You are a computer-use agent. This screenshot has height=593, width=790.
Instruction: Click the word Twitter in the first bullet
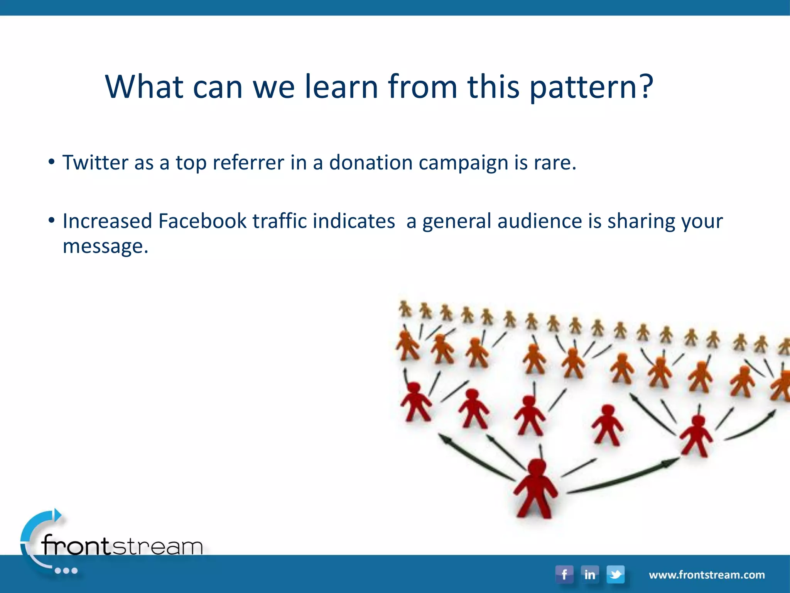pos(95,162)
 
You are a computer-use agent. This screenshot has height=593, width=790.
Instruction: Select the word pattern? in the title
pos(591,87)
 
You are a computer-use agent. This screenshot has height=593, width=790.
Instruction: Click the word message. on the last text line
pos(105,246)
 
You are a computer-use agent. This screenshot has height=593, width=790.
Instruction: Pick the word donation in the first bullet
pos(371,163)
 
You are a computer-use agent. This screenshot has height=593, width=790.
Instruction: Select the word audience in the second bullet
pos(540,221)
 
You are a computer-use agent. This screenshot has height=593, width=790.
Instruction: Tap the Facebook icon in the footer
pos(564,574)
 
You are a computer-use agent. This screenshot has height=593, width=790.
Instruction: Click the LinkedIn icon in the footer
pos(589,574)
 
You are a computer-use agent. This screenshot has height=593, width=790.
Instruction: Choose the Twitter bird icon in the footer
pos(615,574)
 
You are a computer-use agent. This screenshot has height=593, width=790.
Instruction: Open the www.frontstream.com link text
pos(707,575)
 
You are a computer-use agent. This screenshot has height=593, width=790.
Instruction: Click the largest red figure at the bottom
pos(535,490)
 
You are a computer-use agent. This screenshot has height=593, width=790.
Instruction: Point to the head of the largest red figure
pos(537,467)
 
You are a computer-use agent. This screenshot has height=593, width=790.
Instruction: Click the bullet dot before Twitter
pos(51,162)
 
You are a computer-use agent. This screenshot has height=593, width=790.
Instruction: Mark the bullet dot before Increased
pos(51,220)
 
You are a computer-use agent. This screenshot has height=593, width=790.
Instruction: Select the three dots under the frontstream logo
pos(66,571)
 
